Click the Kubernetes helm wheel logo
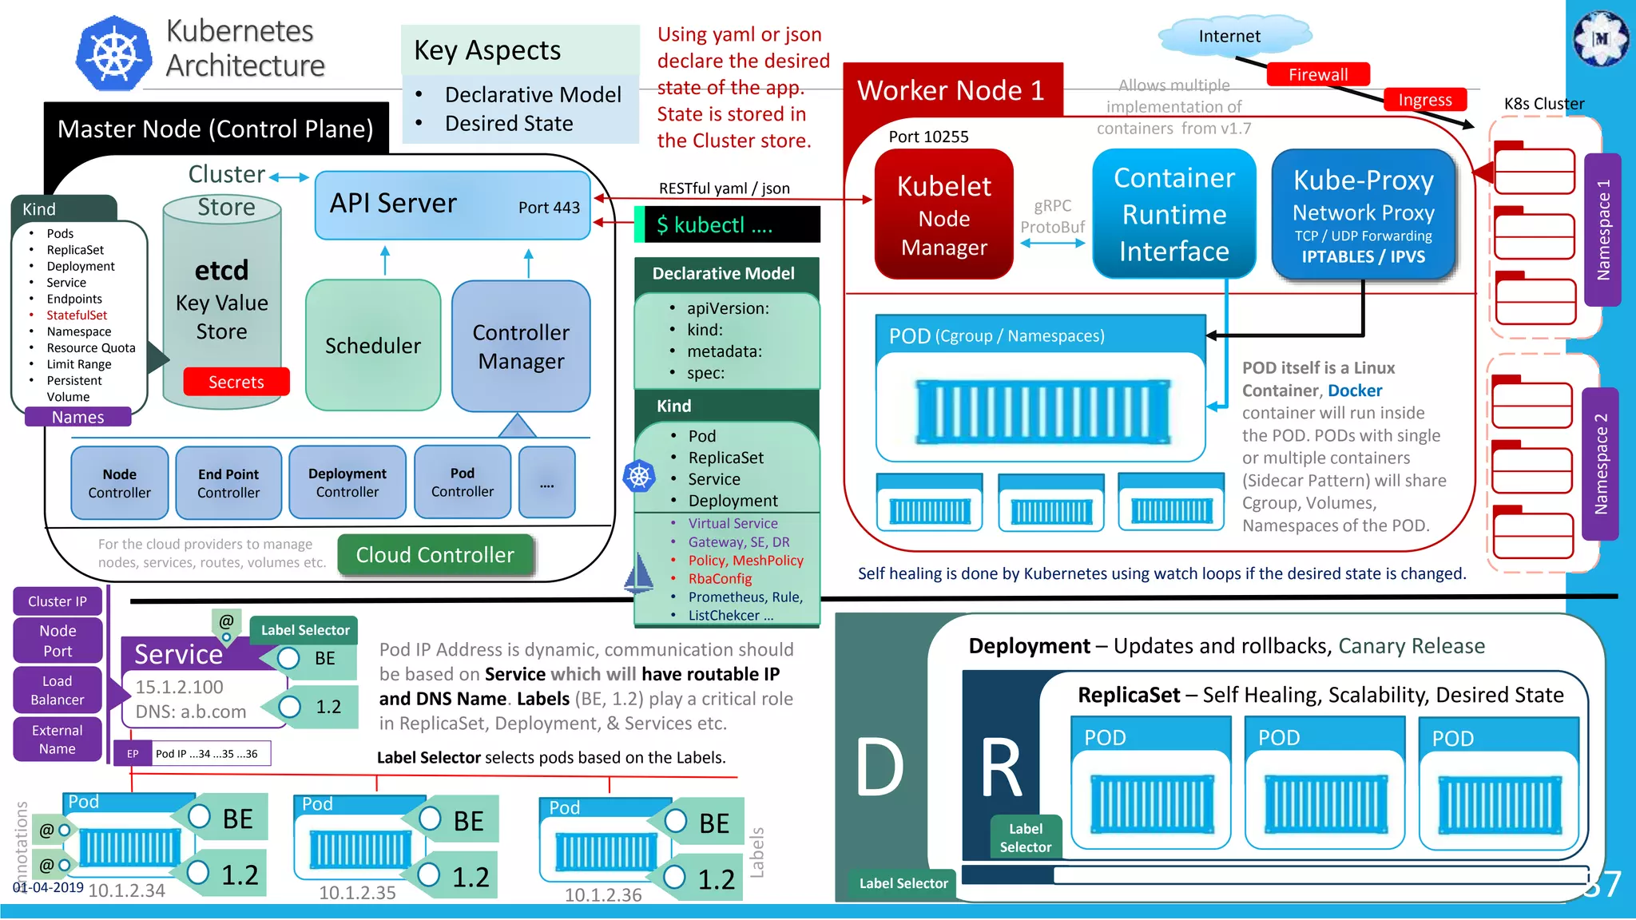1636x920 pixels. coord(114,54)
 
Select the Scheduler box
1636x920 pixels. coord(373,345)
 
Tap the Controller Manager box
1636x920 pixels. coord(521,346)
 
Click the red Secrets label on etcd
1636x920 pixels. coord(236,382)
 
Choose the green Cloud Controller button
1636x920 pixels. coord(435,555)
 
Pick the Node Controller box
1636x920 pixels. coord(119,483)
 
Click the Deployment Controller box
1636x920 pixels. coord(347,483)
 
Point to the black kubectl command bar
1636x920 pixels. coord(728,224)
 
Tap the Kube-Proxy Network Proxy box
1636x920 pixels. coord(1363,214)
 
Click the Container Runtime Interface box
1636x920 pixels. coord(1173,214)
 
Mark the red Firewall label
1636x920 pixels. coord(1317,74)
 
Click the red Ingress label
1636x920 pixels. coord(1424,100)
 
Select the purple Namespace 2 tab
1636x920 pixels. coord(1600,463)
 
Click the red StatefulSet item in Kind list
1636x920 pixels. coord(77,315)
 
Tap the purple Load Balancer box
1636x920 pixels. coord(57,690)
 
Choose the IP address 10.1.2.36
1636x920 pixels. coord(603,895)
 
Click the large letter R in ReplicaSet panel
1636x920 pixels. coord(1001,768)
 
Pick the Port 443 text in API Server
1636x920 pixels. coord(549,208)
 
